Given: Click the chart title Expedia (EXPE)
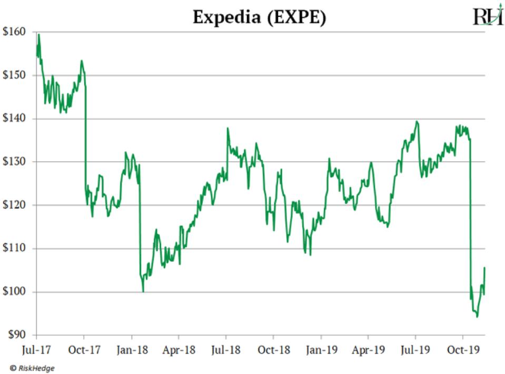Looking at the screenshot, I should (259, 17).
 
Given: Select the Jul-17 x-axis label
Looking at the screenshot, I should (36, 349).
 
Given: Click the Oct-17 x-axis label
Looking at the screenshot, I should (84, 349).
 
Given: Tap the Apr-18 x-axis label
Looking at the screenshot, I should (179, 349).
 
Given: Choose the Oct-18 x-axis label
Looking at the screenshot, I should (273, 349).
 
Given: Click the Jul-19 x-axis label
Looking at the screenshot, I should (415, 349).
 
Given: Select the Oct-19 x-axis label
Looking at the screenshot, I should (463, 349).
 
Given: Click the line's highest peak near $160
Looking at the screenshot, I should (39, 34).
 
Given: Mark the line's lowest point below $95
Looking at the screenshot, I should (477, 317).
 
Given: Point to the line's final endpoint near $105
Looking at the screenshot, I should (484, 268).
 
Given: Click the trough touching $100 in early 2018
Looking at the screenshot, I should (143, 291).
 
